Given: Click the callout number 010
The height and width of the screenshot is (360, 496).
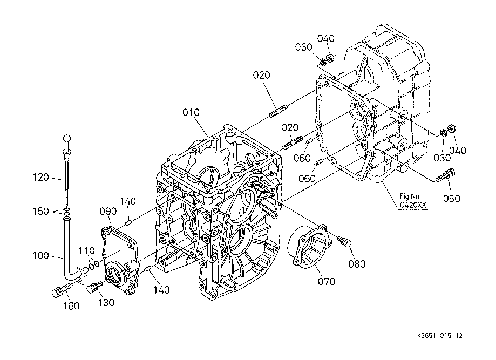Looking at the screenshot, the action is pos(191,112).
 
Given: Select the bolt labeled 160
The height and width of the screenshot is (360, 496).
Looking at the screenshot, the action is pos(62,289).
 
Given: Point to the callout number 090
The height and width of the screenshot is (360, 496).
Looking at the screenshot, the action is pos(108,212).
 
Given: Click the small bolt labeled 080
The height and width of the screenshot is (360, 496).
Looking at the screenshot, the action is pos(344,241).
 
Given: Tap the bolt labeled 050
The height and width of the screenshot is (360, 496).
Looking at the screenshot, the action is pos(446,175).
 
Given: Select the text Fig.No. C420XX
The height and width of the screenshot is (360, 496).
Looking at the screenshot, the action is pos(413,201).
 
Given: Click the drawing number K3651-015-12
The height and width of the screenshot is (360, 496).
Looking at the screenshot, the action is pos(440,335).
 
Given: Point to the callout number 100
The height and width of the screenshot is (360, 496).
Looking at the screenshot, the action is pos(41,255).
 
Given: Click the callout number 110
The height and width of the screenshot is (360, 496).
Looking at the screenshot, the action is pos(87,250).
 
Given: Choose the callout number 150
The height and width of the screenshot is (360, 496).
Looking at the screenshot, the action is pos(41,212).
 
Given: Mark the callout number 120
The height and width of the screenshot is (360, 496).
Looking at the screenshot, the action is pos(41,177).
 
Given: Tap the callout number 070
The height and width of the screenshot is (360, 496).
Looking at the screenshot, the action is pos(327,281).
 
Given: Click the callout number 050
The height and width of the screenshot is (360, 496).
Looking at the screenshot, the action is pos(451,198).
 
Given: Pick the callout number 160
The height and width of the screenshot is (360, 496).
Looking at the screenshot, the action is pos(71,306).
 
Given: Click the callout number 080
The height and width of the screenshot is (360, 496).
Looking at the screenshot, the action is pos(357,263).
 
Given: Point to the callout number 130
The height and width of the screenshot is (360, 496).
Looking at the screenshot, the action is pos(106,302).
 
